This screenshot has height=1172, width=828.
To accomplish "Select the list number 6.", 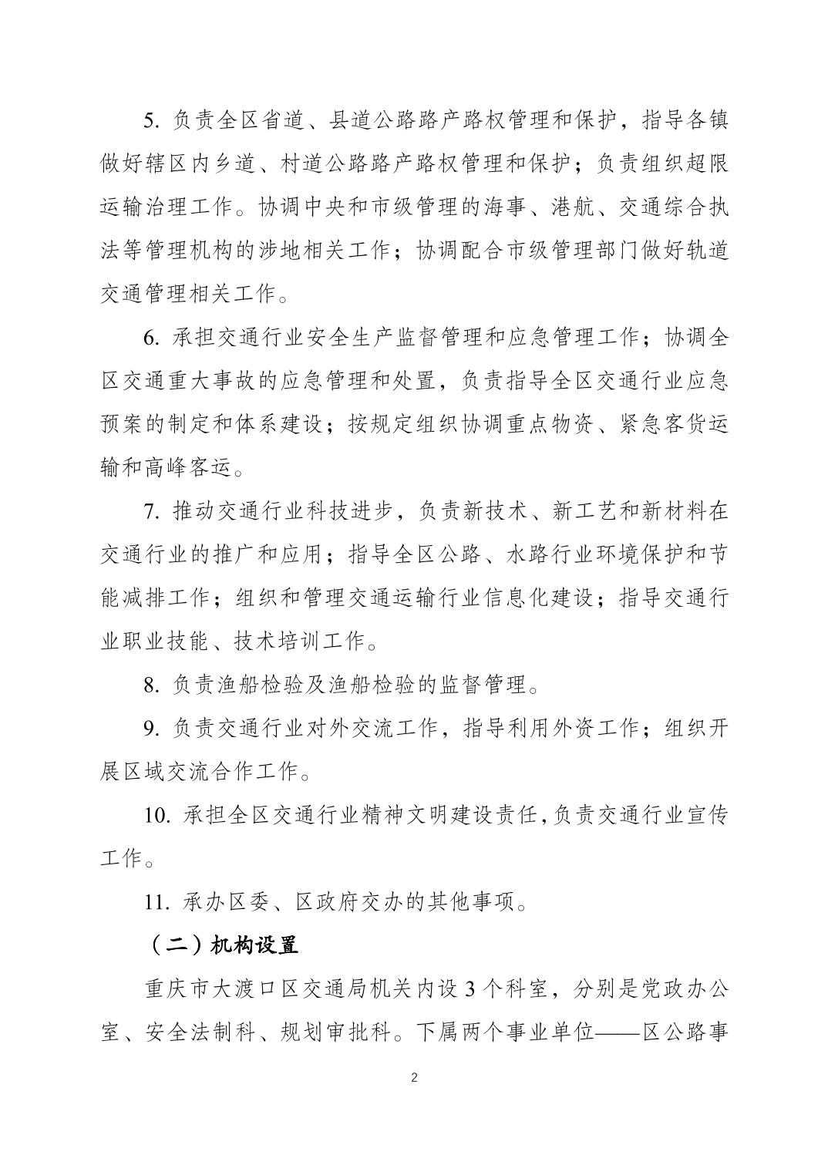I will (x=150, y=337).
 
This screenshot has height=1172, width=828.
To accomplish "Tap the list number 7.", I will (x=150, y=510).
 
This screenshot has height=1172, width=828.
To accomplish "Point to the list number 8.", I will (x=150, y=683).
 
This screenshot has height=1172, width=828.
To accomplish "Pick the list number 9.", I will (x=150, y=727).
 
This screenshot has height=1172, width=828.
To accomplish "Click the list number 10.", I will (x=157, y=814).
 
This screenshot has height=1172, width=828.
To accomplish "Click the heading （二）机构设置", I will (x=221, y=945).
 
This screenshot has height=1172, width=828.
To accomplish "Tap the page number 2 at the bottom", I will (x=414, y=1078).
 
